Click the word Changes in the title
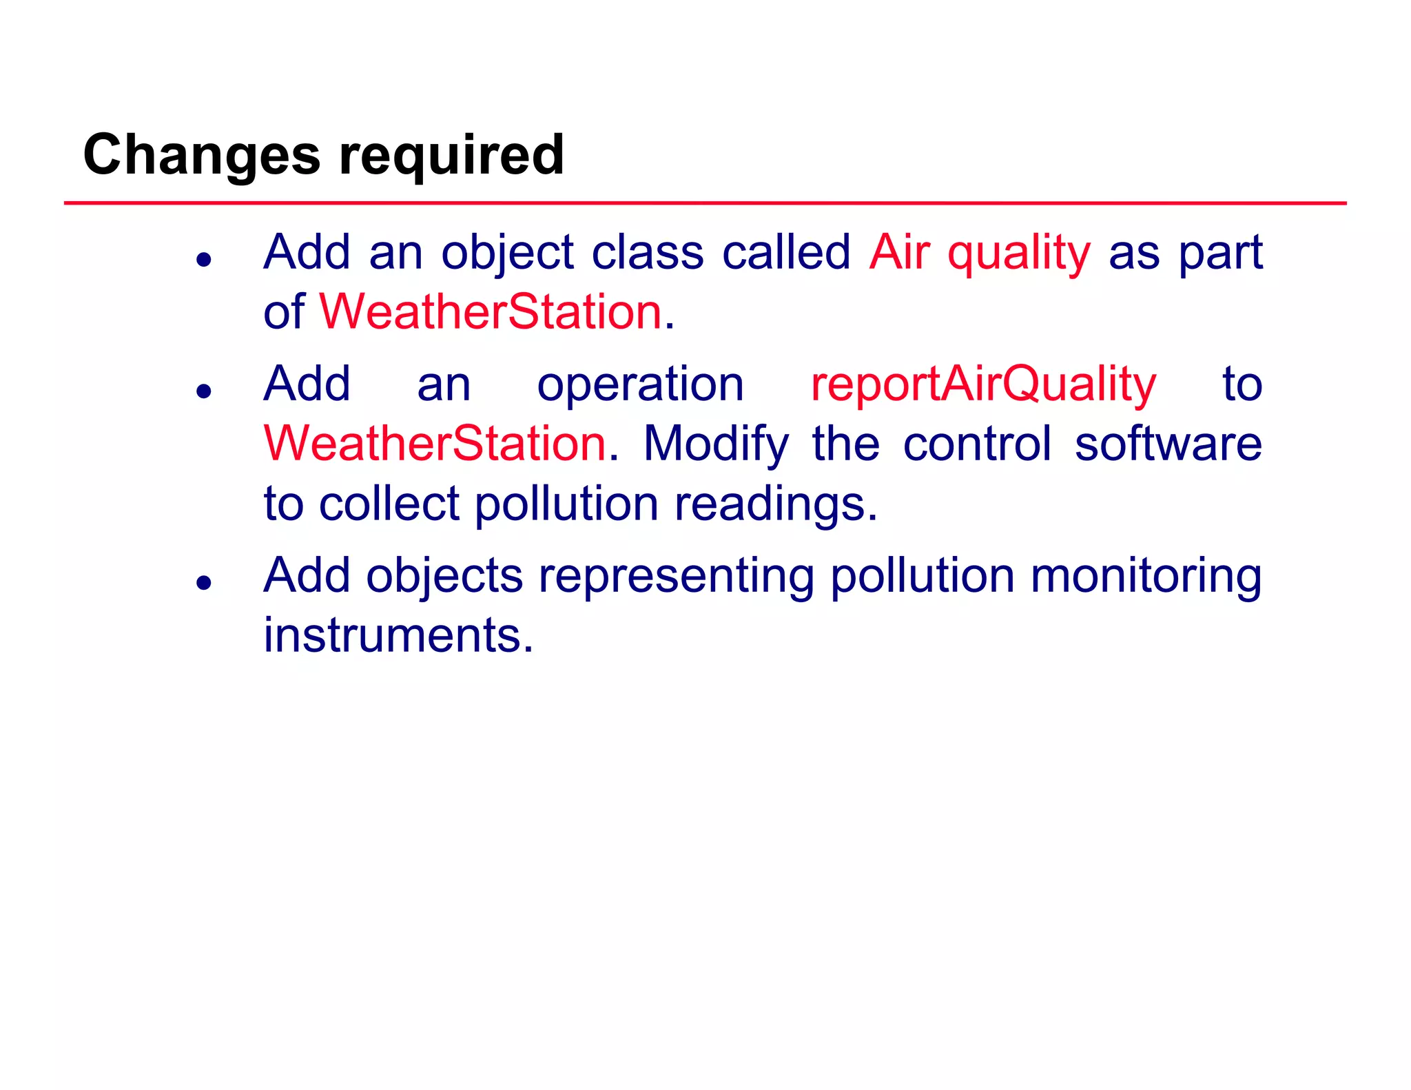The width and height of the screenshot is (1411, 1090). pos(201,155)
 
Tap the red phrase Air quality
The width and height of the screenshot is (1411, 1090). pos(979,252)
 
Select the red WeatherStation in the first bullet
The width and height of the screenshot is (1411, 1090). pos(490,311)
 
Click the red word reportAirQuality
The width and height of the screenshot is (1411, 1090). pos(983,384)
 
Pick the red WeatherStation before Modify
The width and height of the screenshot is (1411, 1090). pos(435,443)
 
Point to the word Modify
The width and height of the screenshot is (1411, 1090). pos(716,443)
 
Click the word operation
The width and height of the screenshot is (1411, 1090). pos(640,384)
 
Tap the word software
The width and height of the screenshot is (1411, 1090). pos(1168,443)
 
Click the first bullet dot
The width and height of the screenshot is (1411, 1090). pos(203,260)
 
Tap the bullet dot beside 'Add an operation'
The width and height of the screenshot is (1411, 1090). pos(203,391)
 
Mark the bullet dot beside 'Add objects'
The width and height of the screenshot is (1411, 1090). pos(203,583)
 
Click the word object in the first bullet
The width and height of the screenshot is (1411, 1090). pos(507,252)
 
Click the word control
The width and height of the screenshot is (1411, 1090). pos(977,443)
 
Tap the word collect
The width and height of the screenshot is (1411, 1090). pos(389,504)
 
